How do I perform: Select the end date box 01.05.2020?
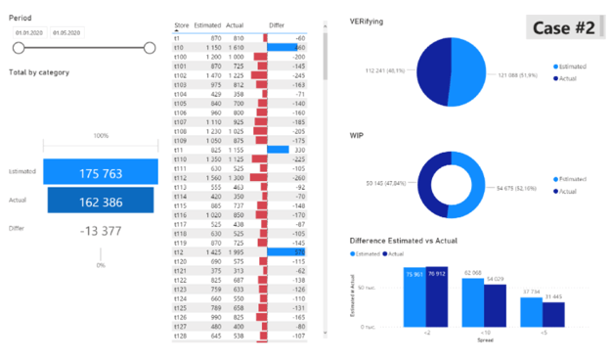coord(67,32)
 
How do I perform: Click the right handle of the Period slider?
coord(150,47)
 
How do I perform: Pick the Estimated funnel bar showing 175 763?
coord(101,173)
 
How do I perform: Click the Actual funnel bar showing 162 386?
coord(101,201)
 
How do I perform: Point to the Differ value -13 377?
coord(101,230)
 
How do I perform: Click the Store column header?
coord(182,24)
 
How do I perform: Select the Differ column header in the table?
coord(277,24)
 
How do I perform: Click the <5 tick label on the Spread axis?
coord(543,333)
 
